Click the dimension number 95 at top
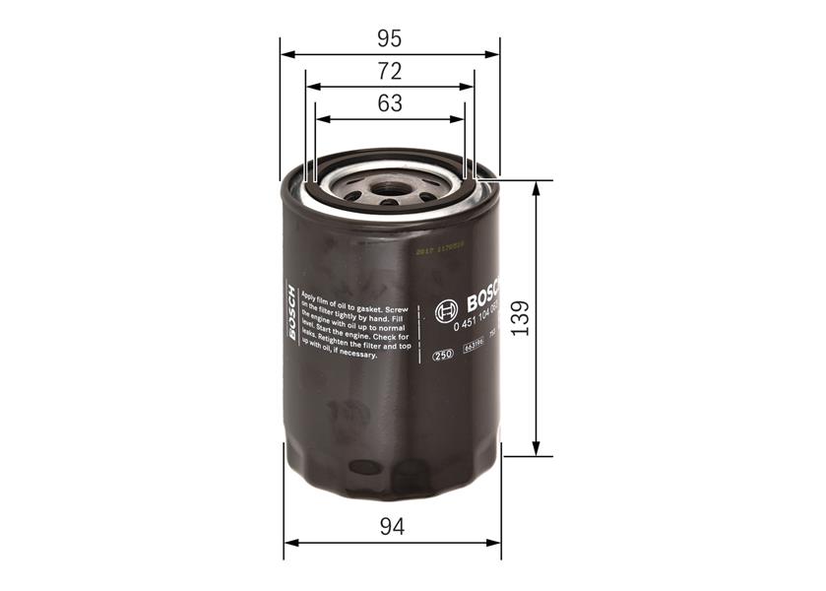pyautogui.click(x=390, y=39)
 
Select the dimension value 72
pyautogui.click(x=390, y=72)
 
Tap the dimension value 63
pyautogui.click(x=390, y=103)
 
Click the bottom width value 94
pyautogui.click(x=392, y=527)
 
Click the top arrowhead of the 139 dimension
pyautogui.click(x=536, y=188)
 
